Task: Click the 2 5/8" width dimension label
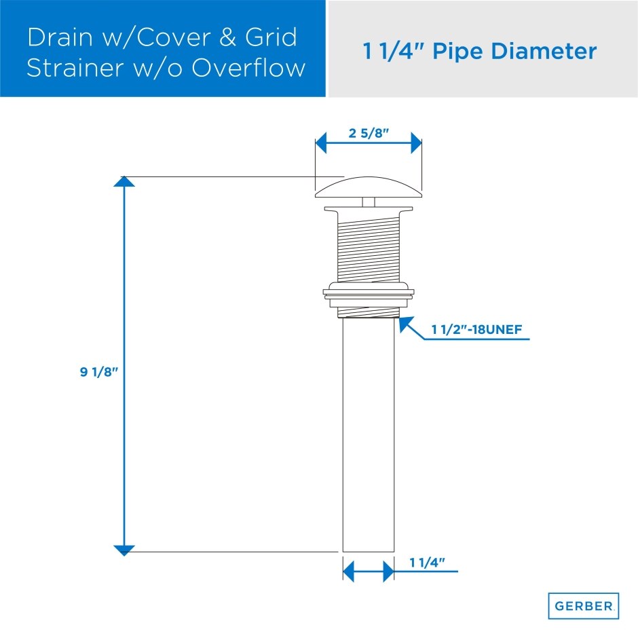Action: (369, 133)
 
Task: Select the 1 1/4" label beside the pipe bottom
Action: (427, 562)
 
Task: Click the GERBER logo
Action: (583, 605)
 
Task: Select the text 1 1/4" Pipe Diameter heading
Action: (480, 51)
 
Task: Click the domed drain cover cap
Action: (369, 185)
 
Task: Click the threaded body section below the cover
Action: (369, 244)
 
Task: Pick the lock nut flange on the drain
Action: (369, 293)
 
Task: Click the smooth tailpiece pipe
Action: (369, 434)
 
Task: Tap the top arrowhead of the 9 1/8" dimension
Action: (124, 181)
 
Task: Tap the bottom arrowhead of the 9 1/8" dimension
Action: (124, 550)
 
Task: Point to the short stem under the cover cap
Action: (369, 202)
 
